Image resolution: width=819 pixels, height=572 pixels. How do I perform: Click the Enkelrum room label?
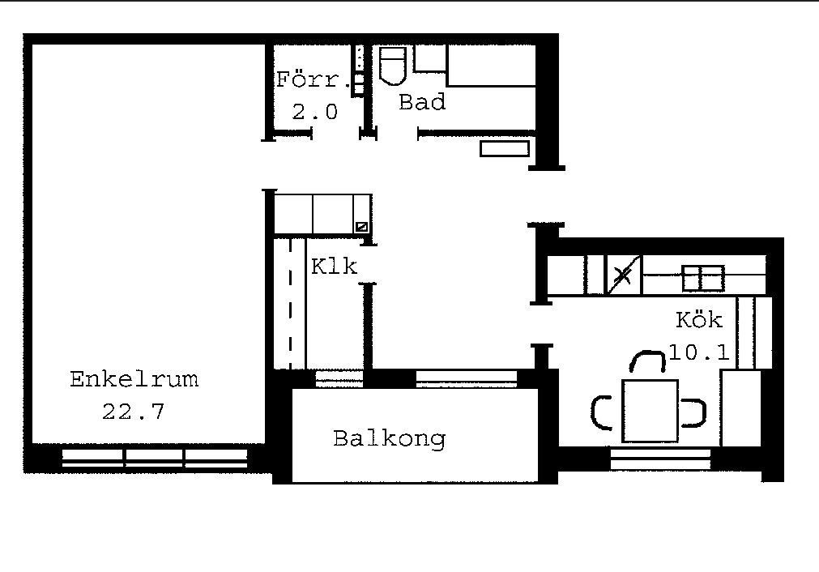134,378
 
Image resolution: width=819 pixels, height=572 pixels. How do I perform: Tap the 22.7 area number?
133,412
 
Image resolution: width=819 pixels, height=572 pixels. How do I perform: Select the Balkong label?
389,439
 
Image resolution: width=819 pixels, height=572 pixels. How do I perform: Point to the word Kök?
699,319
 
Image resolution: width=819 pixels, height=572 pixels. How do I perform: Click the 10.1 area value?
699,352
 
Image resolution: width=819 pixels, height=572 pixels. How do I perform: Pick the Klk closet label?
334,267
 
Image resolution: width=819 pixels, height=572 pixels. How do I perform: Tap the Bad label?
422,102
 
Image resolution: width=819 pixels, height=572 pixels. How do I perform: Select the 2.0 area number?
314,112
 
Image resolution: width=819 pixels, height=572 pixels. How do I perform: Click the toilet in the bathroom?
392,66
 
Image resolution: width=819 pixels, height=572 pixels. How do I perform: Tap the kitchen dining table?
650,411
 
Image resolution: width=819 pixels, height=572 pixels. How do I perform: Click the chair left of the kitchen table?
601,412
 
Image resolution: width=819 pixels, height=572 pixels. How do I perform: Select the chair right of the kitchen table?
695,413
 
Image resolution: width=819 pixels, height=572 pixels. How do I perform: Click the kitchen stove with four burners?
703,278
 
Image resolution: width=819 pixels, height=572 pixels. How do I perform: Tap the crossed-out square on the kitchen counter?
623,275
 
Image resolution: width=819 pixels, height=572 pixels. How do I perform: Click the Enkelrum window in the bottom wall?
155,458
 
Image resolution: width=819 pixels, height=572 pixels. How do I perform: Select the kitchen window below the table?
660,459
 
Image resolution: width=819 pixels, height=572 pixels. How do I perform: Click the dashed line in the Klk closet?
290,304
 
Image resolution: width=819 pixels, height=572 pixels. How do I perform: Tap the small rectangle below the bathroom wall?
505,148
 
